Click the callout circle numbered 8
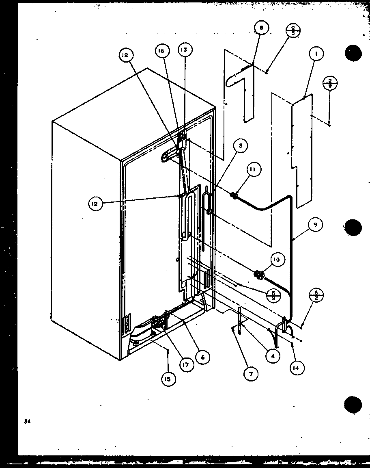[261, 28]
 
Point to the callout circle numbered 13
[185, 50]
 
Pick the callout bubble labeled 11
[252, 170]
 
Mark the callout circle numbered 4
[273, 356]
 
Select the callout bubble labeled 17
[185, 364]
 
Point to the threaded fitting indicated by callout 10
[258, 275]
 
